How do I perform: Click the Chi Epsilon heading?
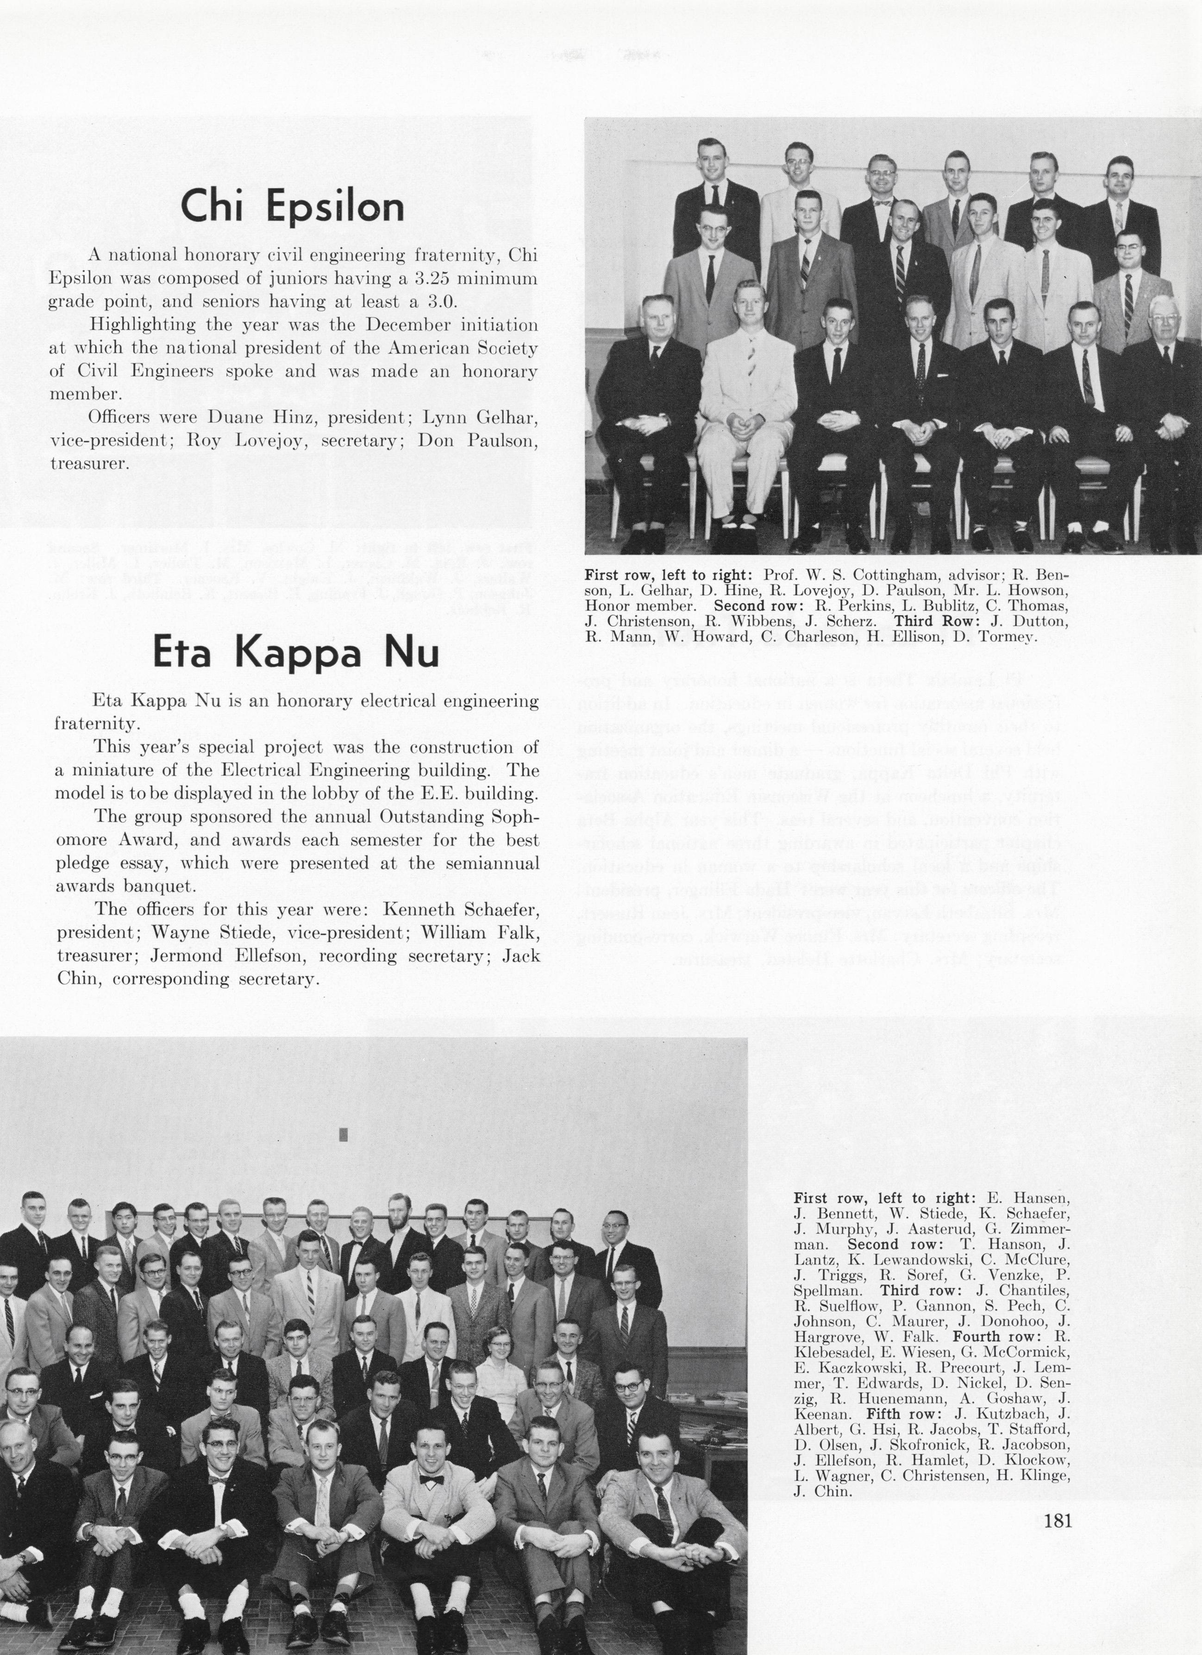(292, 206)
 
